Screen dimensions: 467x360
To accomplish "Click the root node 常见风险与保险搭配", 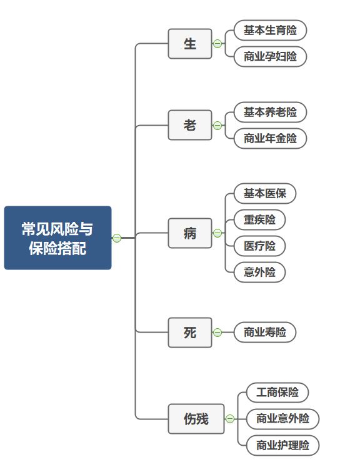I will (57, 238).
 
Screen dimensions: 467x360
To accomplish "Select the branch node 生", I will (190, 44).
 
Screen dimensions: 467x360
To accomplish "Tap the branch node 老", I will (190, 125).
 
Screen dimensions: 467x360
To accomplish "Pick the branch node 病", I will (190, 233).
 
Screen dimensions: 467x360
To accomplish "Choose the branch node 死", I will (190, 332).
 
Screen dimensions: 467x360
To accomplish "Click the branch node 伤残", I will (196, 418).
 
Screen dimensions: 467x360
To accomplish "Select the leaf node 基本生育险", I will (270, 30).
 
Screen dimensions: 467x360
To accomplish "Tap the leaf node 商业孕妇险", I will (270, 57).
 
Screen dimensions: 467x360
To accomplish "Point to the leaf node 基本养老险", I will (270, 113).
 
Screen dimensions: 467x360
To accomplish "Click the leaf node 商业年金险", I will (270, 139).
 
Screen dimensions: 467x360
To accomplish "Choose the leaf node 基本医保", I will (265, 194).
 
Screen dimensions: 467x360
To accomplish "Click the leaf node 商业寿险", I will (265, 332).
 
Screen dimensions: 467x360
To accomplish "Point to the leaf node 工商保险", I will (277, 393).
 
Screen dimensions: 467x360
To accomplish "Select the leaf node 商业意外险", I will (282, 419).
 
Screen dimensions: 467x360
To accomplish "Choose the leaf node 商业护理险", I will (282, 446).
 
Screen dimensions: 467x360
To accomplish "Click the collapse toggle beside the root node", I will (116, 238).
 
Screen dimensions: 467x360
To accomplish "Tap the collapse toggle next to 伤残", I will (230, 419).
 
